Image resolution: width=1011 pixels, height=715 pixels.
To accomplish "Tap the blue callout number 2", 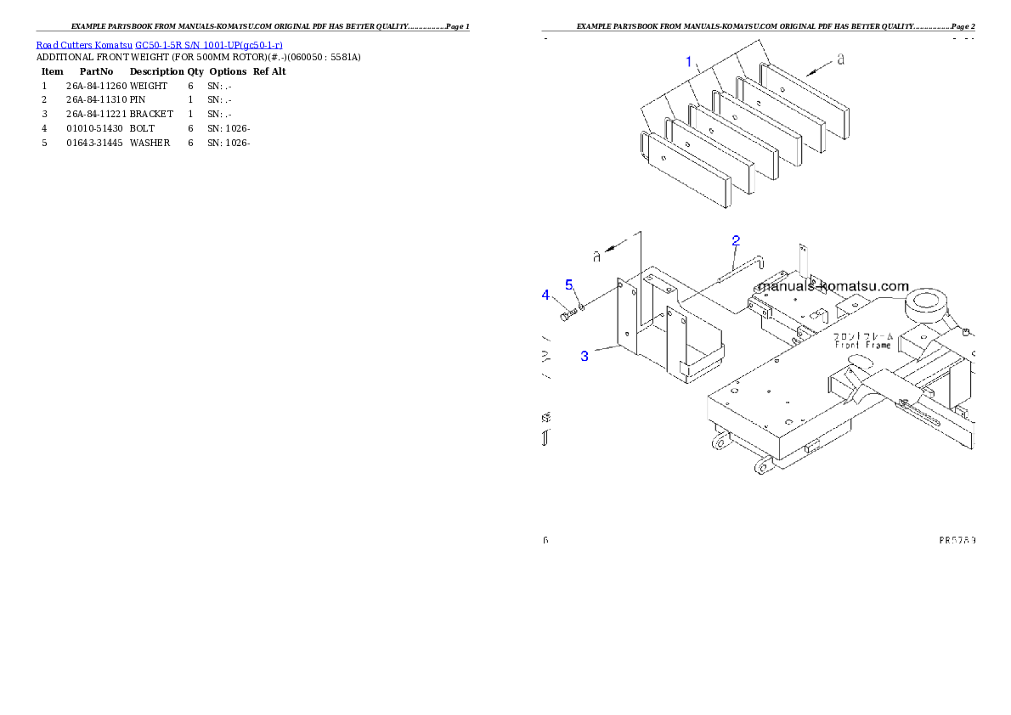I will (736, 240).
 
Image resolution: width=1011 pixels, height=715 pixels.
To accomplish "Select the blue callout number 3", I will (585, 356).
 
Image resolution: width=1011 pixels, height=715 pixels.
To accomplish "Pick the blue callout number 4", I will (546, 295).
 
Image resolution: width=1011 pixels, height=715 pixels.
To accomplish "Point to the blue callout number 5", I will (569, 284).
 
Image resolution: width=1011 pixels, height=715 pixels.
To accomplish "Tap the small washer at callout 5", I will (580, 307).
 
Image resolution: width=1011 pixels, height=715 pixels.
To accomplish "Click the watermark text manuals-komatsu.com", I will (833, 286).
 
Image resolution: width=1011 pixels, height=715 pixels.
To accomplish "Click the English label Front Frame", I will (862, 346).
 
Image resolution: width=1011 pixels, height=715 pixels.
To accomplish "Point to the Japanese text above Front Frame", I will (862, 335).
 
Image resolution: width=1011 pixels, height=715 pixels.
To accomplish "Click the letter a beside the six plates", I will (841, 59).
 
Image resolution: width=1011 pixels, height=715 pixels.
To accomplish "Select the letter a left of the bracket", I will (596, 255).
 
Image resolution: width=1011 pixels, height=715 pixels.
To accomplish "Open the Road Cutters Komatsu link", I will (85, 45).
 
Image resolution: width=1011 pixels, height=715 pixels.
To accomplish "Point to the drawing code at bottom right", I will (956, 539).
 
